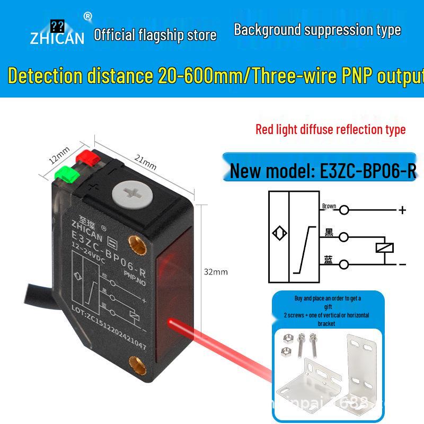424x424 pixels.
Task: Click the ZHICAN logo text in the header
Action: pos(57,38)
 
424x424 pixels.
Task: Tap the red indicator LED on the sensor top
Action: pos(85,157)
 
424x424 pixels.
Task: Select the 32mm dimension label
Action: pos(216,272)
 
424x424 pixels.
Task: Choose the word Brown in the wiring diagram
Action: pos(329,206)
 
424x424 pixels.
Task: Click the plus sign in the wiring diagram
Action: pos(402,210)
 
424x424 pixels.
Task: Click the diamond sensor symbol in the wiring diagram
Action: pos(278,234)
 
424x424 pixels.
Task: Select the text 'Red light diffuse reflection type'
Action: pos(330,129)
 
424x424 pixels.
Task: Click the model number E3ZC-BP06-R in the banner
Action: pos(368,170)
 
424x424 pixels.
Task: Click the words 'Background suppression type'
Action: pos(317,30)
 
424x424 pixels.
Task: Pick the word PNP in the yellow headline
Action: pos(355,76)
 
